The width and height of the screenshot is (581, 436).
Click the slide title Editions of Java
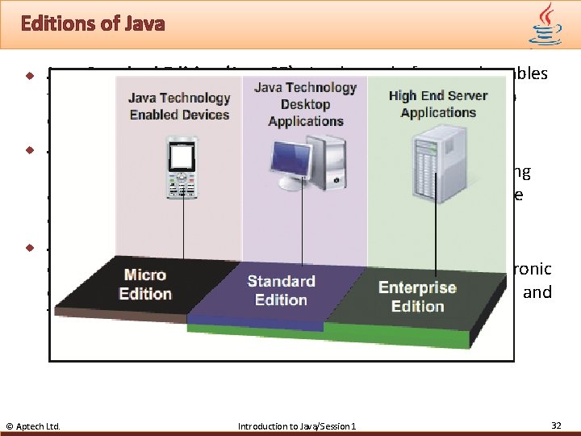click(x=93, y=23)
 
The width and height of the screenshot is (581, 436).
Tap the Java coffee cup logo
click(x=545, y=23)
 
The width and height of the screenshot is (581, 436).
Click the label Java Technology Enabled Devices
click(x=179, y=106)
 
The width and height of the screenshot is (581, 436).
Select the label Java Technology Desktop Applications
click(x=305, y=104)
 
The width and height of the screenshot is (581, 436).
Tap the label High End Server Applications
click(x=438, y=103)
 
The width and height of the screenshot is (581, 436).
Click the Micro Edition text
click(x=145, y=284)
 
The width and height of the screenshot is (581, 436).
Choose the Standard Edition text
click(x=281, y=291)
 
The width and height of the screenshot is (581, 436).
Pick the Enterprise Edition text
click(x=417, y=296)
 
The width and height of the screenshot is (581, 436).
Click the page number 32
click(x=556, y=425)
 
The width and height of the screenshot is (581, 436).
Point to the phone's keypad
click(x=183, y=186)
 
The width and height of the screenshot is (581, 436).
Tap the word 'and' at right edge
click(x=537, y=292)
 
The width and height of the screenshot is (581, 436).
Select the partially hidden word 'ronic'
click(x=533, y=270)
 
